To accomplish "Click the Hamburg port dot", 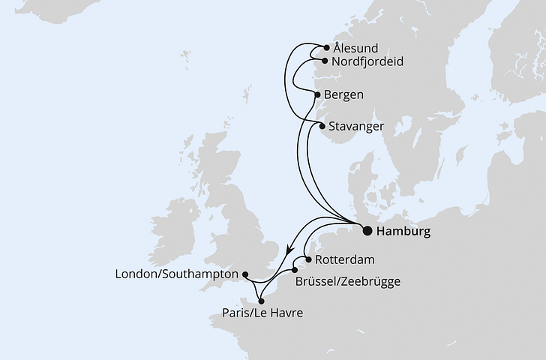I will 367,231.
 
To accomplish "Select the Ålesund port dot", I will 326,47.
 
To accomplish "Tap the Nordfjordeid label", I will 367,61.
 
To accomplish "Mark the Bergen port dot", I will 318,95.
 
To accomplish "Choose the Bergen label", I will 345,95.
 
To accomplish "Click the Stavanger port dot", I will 322,127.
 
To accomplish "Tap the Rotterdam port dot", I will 307,259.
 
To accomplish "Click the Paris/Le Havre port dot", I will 261,301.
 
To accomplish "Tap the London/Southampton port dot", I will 246,275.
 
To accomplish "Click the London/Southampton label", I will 176,275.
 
